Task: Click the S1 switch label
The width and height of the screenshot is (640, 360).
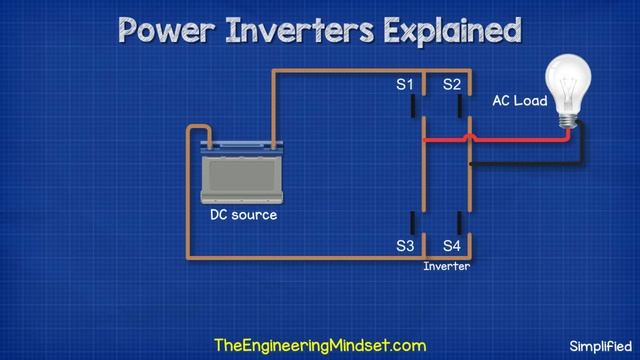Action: coord(405,86)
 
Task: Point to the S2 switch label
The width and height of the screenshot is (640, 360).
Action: coord(452,86)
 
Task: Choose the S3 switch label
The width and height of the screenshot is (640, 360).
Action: coord(405,245)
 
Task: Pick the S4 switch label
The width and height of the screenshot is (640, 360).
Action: coord(452,245)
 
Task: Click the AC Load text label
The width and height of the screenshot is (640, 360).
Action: coord(518,102)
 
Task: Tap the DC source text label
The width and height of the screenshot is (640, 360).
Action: coord(243,215)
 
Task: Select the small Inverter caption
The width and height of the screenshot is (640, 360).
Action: coord(446,267)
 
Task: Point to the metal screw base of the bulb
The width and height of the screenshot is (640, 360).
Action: coord(569,120)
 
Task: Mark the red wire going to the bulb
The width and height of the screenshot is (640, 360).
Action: coord(500,141)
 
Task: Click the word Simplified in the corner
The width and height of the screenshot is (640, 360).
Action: coord(602,346)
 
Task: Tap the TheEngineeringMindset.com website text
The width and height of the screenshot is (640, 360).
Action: coord(320,345)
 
